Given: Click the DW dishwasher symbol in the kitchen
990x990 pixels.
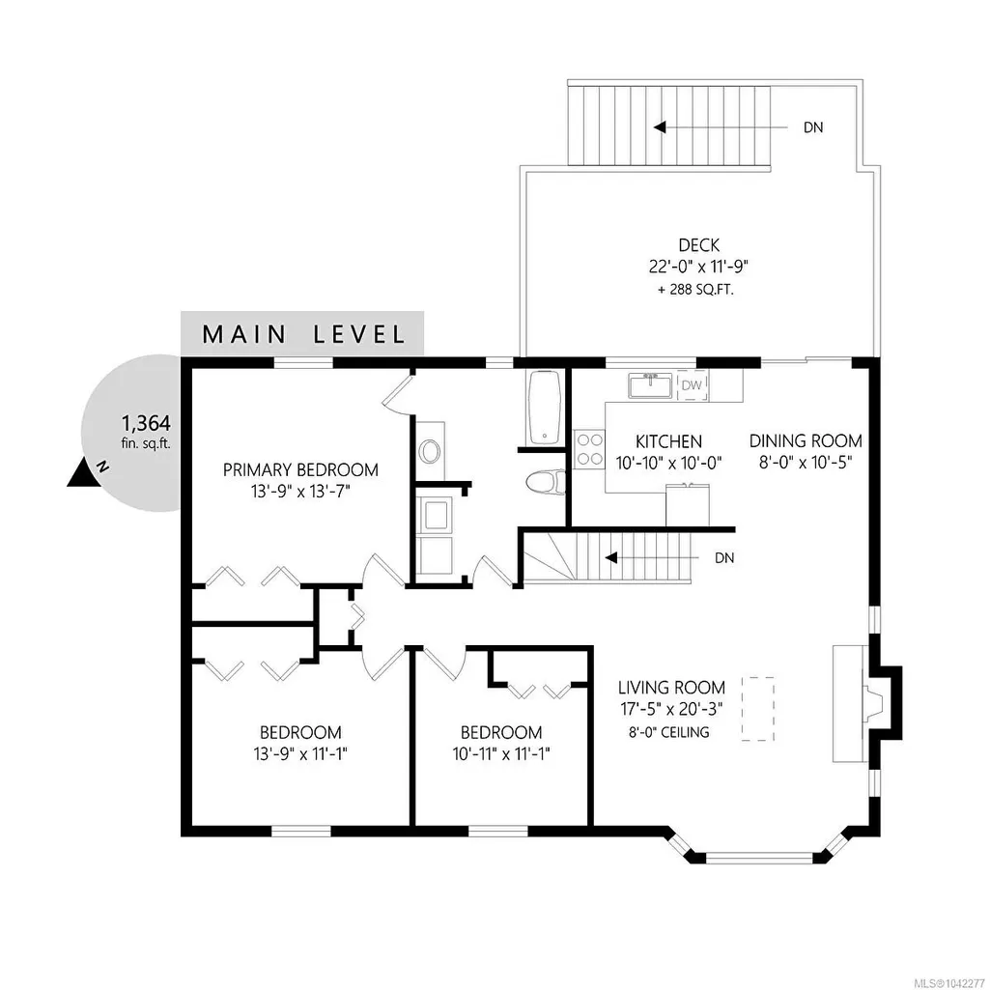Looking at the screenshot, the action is (x=693, y=385).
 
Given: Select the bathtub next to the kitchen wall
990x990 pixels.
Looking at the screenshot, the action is (x=544, y=408).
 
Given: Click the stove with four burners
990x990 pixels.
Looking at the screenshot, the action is (x=589, y=449).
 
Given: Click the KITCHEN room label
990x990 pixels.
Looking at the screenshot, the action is (x=668, y=441).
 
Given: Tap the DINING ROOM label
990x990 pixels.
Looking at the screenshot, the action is (x=806, y=440).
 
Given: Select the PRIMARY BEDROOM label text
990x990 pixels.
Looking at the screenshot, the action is (x=300, y=469).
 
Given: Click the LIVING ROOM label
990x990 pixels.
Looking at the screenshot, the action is (x=671, y=687).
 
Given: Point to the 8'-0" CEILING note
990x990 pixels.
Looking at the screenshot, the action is (x=668, y=732).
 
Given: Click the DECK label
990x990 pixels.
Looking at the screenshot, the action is (x=699, y=245).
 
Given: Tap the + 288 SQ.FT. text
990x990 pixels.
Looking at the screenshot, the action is (x=695, y=291).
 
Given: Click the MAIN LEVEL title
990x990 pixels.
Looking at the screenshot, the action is (x=303, y=334).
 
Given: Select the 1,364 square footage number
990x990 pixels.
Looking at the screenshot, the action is (x=146, y=422).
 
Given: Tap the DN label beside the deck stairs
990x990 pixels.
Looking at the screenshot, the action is (x=813, y=127).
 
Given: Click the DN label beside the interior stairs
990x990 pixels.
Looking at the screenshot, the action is (x=724, y=558).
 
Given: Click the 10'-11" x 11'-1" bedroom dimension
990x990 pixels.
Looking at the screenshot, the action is (x=501, y=754).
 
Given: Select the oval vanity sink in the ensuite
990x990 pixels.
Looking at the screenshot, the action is (x=431, y=451).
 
